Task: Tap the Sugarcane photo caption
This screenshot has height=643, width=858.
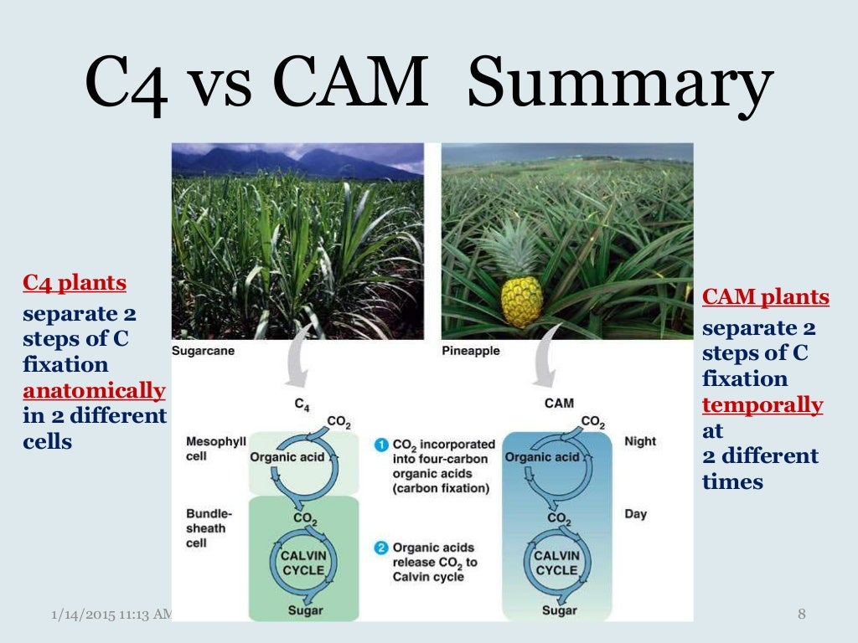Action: click(204, 351)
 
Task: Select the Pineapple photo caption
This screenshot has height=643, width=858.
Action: click(470, 351)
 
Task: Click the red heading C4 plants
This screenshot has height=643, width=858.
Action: click(75, 283)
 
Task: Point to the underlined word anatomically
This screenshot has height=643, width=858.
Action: click(94, 390)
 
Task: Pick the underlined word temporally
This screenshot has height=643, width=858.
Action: click(762, 405)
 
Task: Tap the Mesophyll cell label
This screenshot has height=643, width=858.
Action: click(215, 449)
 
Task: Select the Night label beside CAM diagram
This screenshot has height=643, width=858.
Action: click(640, 441)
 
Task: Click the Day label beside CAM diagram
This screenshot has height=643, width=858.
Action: click(635, 513)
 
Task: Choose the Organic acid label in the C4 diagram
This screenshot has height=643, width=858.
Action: click(287, 457)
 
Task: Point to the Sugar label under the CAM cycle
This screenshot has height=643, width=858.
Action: click(558, 611)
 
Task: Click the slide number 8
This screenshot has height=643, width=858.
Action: click(801, 615)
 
